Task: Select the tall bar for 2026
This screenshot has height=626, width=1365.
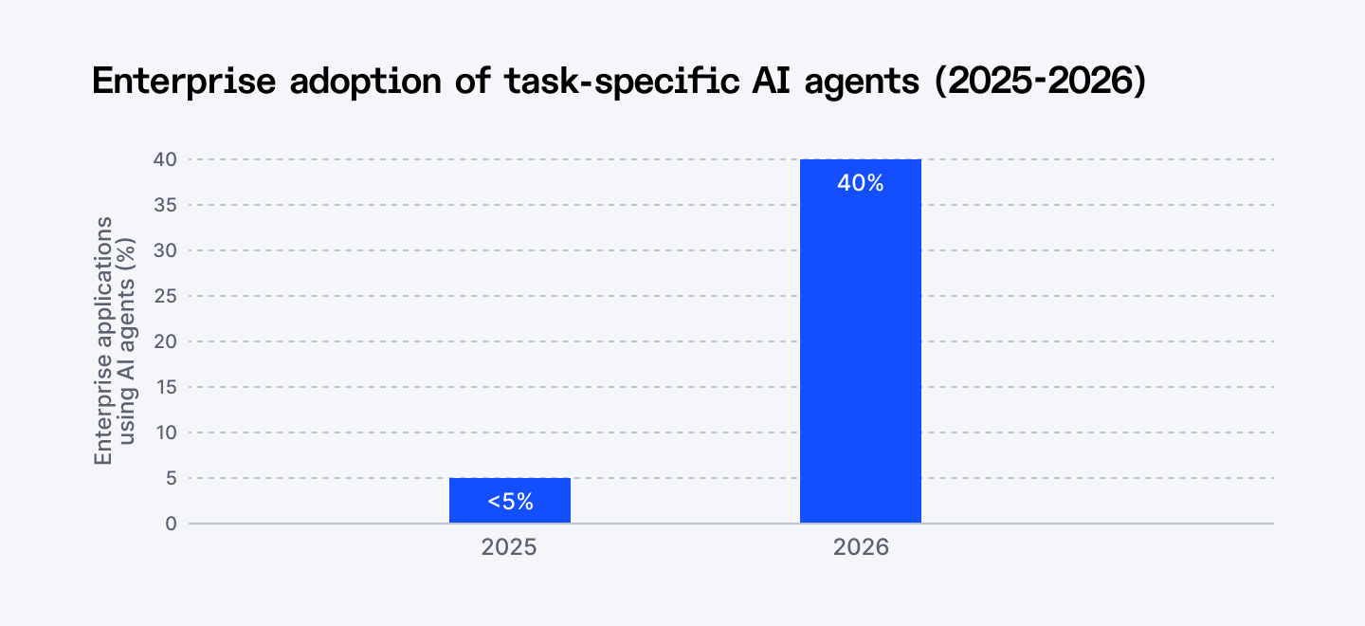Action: click(x=861, y=341)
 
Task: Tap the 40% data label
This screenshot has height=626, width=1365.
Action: click(x=861, y=184)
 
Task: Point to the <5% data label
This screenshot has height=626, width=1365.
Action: click(x=510, y=503)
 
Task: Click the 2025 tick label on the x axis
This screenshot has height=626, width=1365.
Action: click(x=509, y=548)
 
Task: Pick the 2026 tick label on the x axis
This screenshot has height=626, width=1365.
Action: click(x=861, y=548)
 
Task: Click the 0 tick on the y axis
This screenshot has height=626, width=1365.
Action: click(x=171, y=524)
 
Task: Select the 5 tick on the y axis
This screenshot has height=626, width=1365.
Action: click(x=171, y=478)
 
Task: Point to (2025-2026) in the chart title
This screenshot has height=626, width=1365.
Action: click(x=1040, y=82)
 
